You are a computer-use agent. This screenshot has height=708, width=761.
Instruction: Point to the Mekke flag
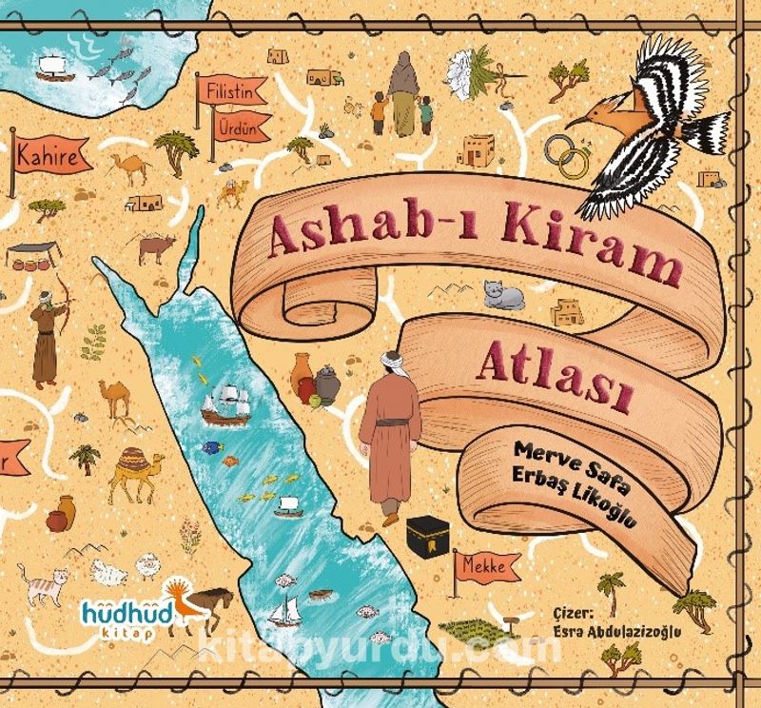[487, 569]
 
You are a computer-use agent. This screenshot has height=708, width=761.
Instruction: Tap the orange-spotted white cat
[40, 582]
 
